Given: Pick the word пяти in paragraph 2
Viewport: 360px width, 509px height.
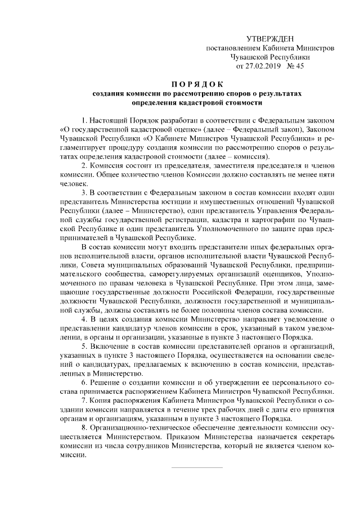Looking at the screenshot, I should pos(326,174).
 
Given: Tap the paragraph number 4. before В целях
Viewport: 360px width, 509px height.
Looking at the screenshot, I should pos(84,318).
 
